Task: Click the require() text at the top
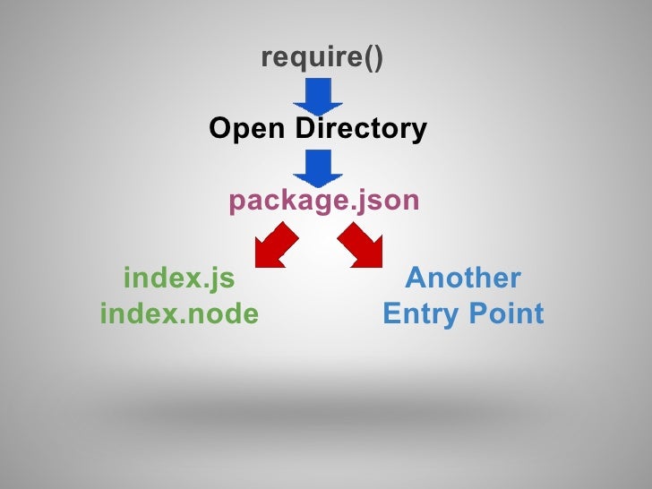pyautogui.click(x=322, y=58)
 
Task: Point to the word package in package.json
pyautogui.click(x=279, y=201)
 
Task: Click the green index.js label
pyautogui.click(x=179, y=279)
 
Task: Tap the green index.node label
pyautogui.click(x=179, y=314)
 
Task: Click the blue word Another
pyautogui.click(x=462, y=279)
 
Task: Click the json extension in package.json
pyautogui.click(x=388, y=201)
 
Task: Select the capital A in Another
pyautogui.click(x=415, y=279)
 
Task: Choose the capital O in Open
pyautogui.click(x=219, y=130)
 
